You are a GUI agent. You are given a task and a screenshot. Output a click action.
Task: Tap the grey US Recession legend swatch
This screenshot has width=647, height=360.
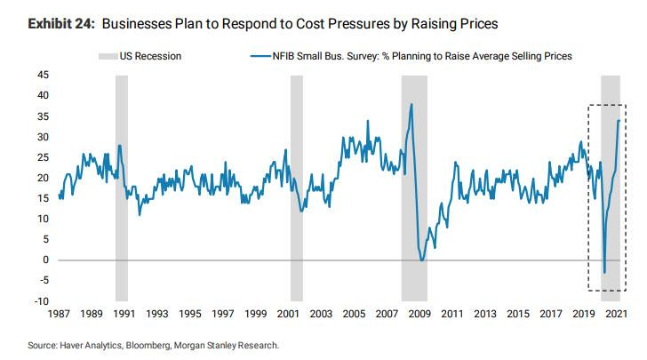click(107, 56)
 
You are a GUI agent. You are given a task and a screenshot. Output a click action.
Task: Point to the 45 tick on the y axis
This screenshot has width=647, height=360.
click(42, 75)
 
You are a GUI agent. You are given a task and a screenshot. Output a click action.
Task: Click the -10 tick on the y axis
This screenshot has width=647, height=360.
click(40, 301)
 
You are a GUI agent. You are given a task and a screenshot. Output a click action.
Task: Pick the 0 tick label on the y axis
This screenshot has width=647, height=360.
click(45, 260)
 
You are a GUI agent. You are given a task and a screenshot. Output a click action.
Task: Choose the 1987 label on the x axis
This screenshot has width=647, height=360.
click(60, 314)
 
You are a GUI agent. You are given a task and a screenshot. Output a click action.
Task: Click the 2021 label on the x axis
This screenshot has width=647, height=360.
click(617, 314)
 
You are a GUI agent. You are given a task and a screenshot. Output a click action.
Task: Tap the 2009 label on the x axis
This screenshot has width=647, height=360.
click(419, 314)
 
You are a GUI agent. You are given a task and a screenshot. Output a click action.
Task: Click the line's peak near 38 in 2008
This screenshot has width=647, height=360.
click(411, 105)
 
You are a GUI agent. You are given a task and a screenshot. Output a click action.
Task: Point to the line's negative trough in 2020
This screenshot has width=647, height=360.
click(604, 272)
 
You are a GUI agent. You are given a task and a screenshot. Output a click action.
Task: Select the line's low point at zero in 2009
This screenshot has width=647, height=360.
click(422, 260)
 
